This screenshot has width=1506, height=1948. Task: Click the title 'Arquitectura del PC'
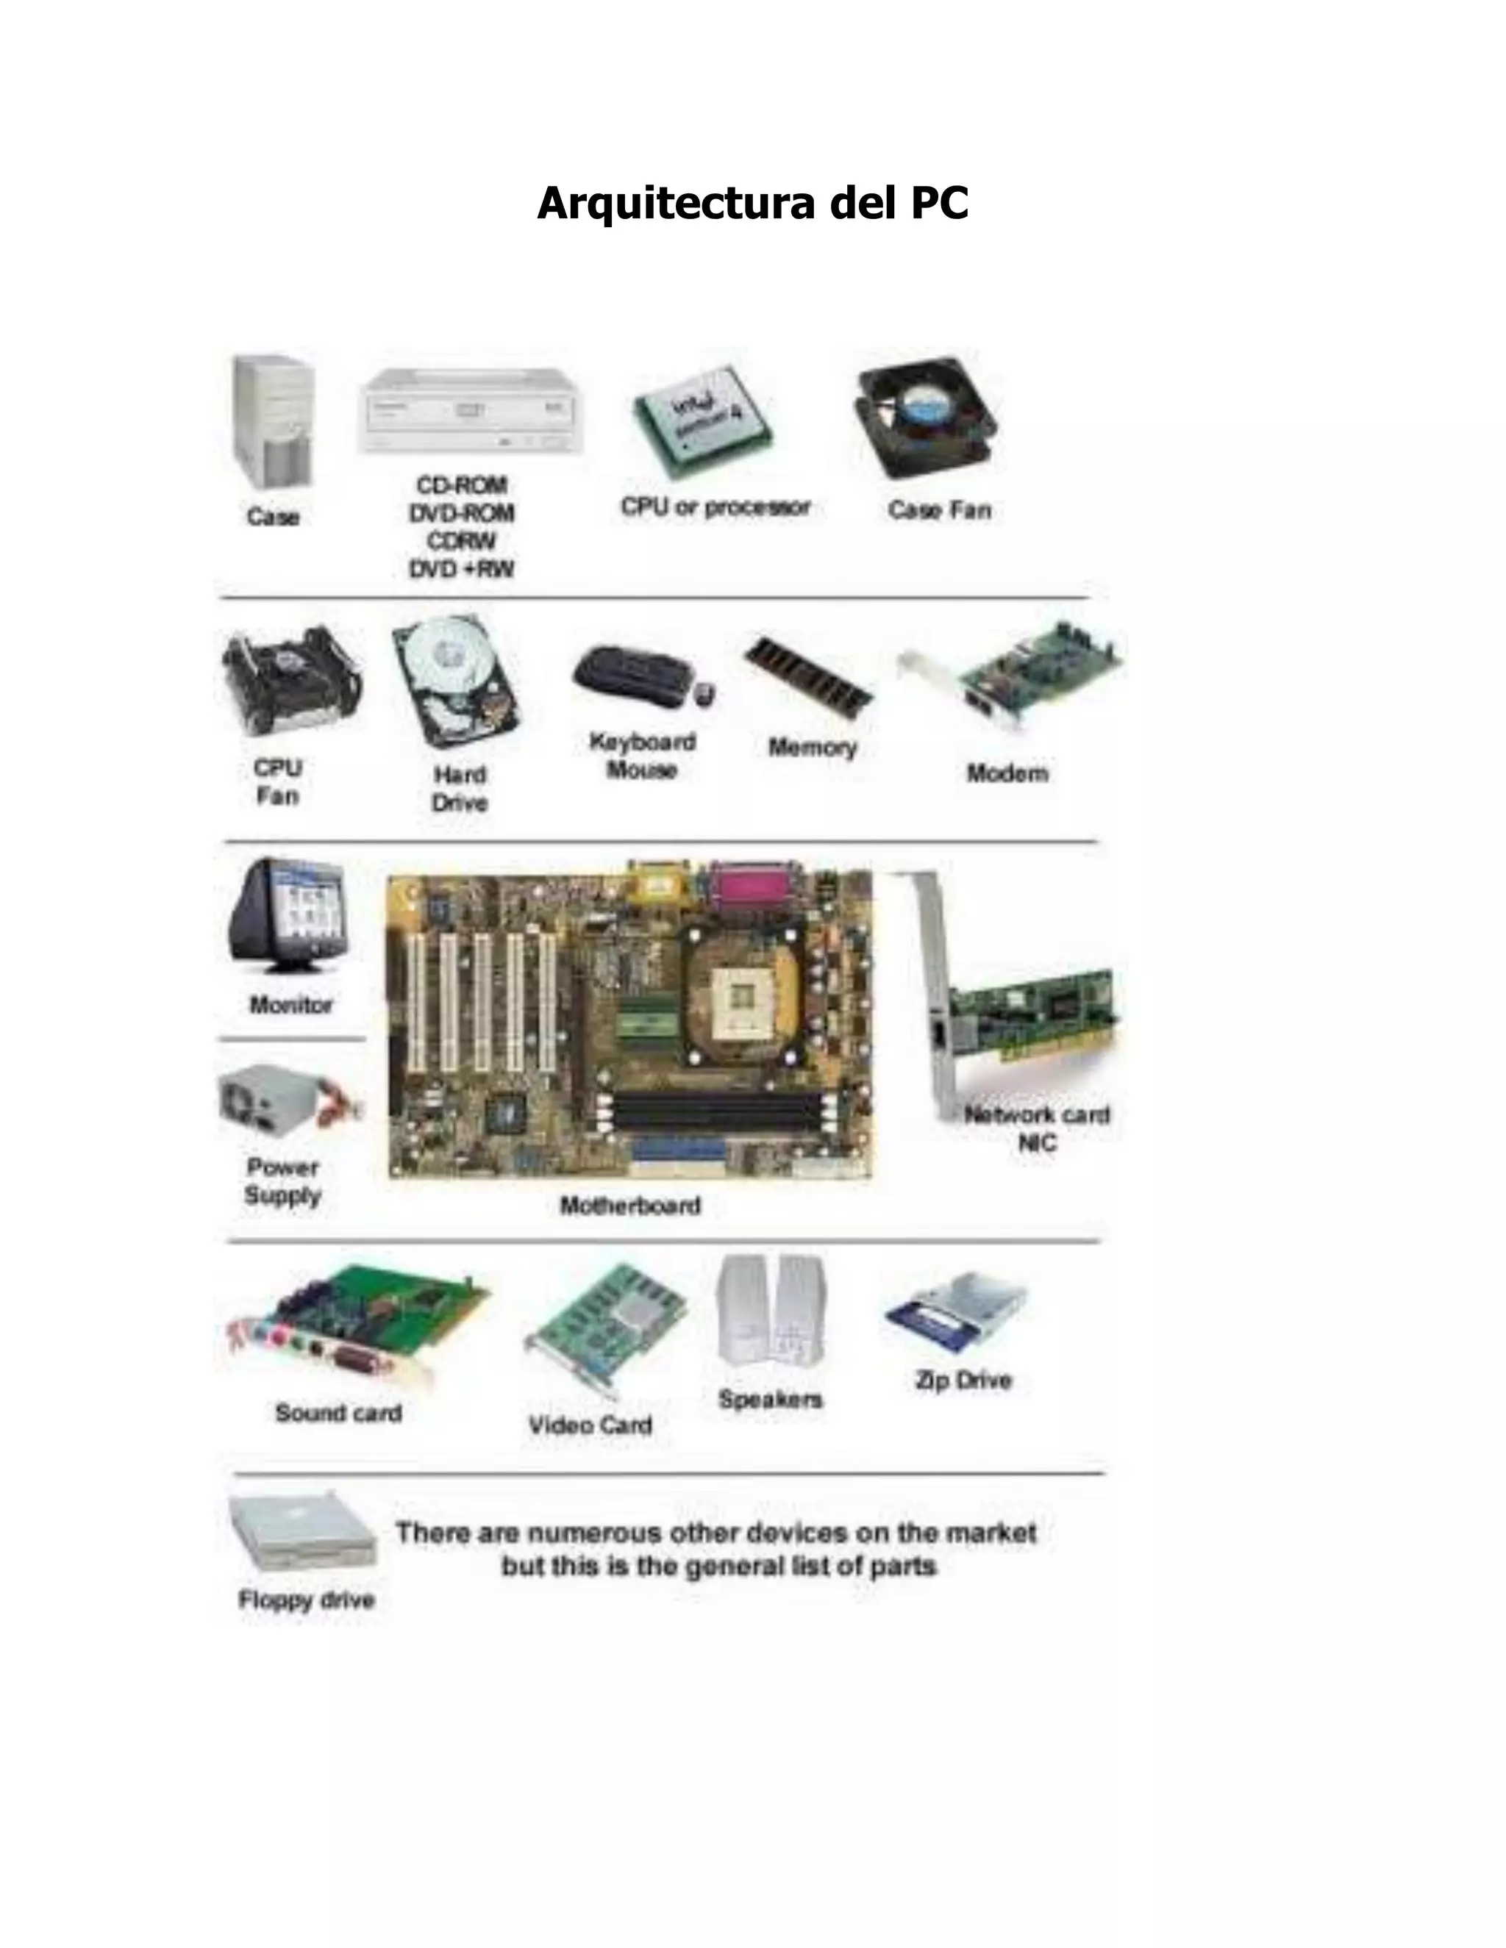pos(752,204)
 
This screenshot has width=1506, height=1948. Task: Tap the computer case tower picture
pos(272,421)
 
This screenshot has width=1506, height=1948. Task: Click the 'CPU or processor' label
pos(715,507)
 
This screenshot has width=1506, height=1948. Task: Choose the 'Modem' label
pos(1007,773)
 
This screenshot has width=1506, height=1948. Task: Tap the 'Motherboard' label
pos(630,1206)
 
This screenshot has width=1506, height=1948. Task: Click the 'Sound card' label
pos(338,1413)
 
